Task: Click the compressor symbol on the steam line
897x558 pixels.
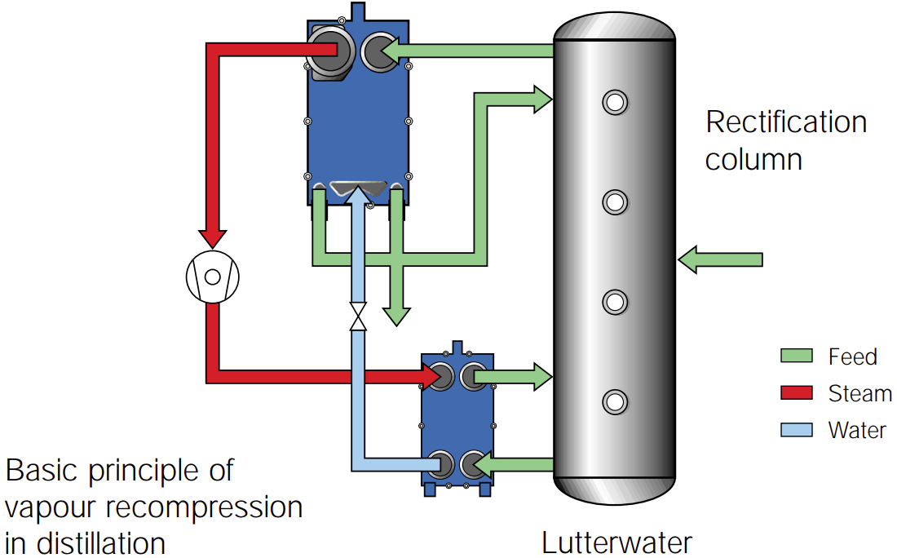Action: tap(213, 277)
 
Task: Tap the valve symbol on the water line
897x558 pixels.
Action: tap(357, 317)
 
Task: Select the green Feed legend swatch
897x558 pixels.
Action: tap(797, 356)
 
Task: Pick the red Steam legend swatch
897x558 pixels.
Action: tap(797, 392)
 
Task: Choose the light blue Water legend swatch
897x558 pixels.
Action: tap(797, 429)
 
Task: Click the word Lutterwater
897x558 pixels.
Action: tap(616, 542)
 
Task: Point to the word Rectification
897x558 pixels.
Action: tap(785, 122)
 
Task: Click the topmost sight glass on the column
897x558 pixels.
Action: tap(614, 102)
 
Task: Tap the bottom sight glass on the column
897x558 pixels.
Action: tap(614, 401)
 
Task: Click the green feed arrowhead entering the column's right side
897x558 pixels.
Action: tap(691, 259)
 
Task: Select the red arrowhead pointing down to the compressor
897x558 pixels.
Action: tap(214, 237)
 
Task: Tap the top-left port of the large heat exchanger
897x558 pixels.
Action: tap(328, 50)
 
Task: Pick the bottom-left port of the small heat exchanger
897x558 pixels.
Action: tap(443, 464)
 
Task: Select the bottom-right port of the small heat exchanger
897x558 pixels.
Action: tap(472, 465)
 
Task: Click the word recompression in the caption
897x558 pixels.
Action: tap(210, 507)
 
